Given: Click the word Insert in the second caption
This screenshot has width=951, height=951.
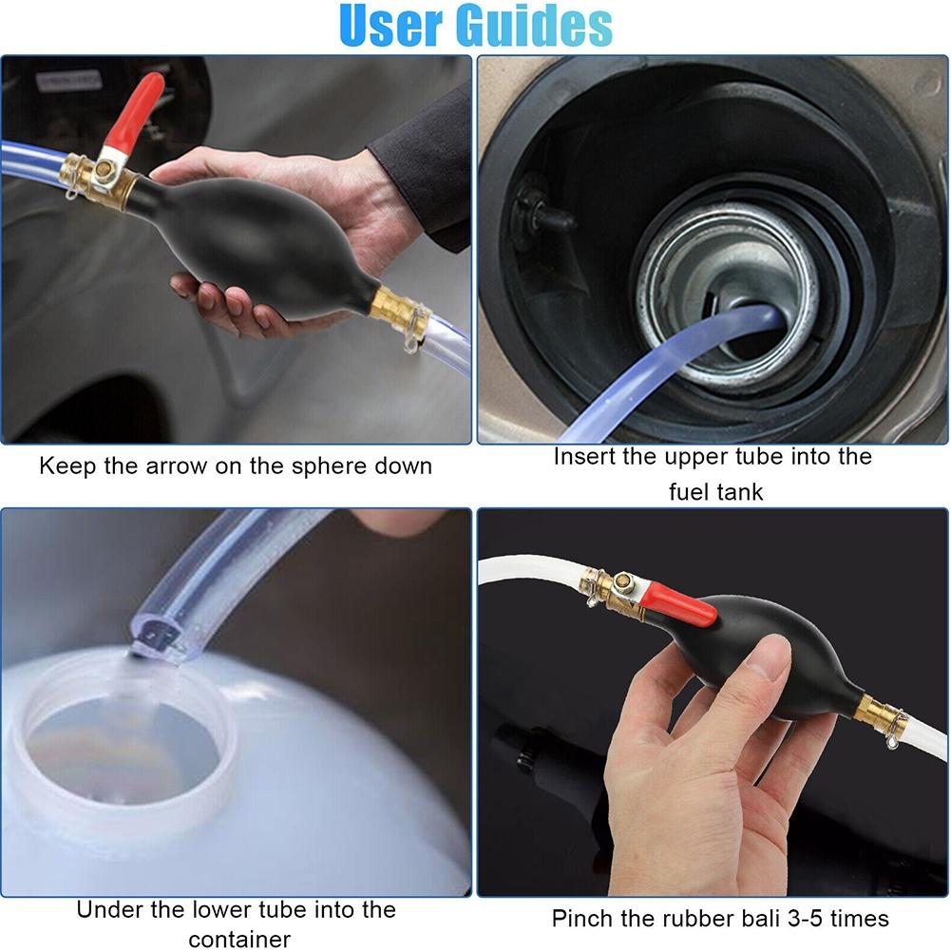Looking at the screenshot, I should pyautogui.click(x=584, y=456).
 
